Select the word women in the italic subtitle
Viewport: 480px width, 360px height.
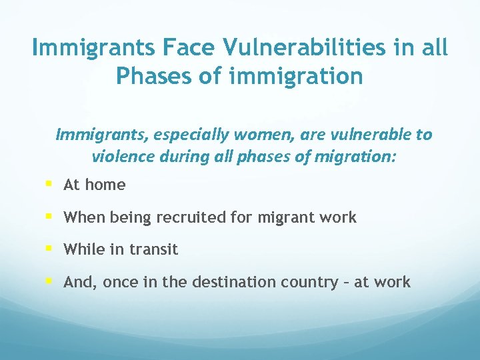tap(256, 135)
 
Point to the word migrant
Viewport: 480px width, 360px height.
tap(290, 217)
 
